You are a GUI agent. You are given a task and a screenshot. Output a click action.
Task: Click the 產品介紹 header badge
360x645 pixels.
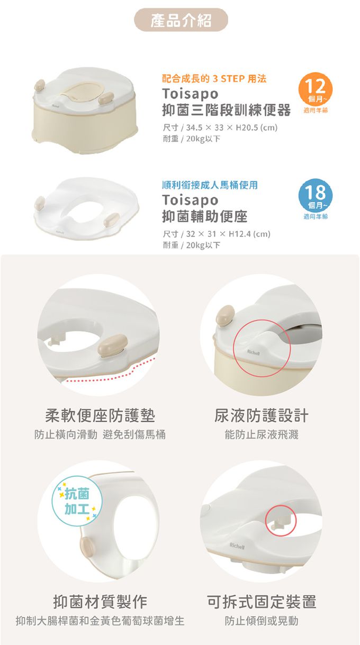pos(181,20)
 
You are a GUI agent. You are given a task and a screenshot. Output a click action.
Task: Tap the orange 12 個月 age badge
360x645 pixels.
pos(316,89)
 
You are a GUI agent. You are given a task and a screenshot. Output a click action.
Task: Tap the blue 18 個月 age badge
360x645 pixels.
pos(316,196)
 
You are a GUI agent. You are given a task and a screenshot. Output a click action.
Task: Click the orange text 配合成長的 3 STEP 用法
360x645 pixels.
pos(214,78)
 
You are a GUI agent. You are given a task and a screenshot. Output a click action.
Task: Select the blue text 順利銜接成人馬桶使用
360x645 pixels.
pos(210,185)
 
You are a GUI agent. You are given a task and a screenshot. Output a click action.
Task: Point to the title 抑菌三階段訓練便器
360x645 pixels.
pos(227,110)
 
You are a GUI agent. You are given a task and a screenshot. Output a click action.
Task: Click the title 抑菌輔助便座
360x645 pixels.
pos(205,216)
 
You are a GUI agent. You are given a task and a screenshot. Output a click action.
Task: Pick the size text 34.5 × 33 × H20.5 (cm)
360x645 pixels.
pos(232,128)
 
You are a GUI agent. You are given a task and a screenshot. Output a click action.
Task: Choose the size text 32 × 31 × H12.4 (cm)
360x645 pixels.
pos(228,233)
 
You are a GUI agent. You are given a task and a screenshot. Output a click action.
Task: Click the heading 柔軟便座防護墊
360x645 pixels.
pos(100,415)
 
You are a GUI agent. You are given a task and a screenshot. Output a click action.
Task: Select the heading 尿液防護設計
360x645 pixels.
pos(261,415)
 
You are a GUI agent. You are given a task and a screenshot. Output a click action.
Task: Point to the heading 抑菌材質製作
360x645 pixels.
pos(100,602)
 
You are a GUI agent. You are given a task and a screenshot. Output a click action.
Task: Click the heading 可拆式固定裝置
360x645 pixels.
pos(261,602)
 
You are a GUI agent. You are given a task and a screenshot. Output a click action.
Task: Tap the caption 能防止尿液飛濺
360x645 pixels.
pos(261,434)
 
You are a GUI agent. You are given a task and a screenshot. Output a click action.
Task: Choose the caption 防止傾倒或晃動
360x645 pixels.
pos(261,621)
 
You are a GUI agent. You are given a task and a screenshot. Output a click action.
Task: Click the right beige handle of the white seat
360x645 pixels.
pos(112,220)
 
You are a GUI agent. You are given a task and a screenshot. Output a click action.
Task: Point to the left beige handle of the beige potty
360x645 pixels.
pos(39,85)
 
